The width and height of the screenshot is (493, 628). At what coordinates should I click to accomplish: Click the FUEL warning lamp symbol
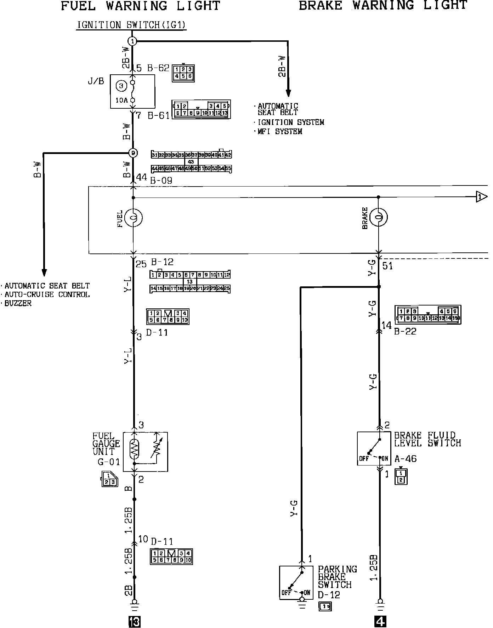click(134, 217)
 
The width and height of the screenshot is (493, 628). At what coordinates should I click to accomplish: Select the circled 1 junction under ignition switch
click(132, 41)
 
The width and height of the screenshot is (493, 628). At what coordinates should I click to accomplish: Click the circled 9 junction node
click(133, 153)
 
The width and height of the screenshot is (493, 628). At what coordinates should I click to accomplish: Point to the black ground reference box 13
click(135, 621)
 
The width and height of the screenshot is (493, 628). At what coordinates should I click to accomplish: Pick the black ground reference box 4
click(380, 621)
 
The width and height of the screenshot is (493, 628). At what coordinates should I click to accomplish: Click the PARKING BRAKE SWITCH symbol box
click(296, 583)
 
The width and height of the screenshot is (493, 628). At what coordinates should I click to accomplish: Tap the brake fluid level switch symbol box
click(374, 448)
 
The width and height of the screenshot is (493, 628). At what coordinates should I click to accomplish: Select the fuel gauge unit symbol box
click(145, 452)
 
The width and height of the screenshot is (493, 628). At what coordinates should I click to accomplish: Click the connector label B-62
click(158, 68)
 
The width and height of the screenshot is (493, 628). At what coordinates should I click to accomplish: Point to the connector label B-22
click(405, 331)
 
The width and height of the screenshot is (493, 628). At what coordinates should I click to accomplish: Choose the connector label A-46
click(406, 459)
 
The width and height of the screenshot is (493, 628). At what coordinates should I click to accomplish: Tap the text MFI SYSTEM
click(280, 132)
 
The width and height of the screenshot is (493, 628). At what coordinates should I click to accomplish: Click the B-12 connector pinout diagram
click(190, 281)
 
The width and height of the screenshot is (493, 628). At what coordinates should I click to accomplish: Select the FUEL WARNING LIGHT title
click(141, 6)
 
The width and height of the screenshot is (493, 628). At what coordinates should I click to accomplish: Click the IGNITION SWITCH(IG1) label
click(131, 25)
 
